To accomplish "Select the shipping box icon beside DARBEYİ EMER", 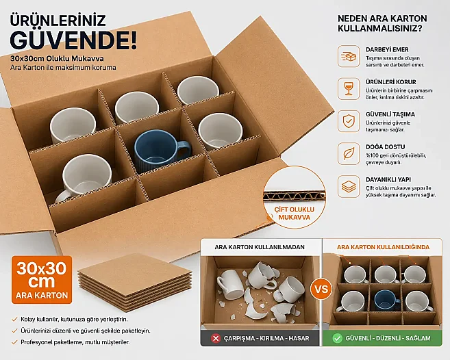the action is pyautogui.click(x=349, y=56).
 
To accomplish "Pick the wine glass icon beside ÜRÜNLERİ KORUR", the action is pyautogui.click(x=349, y=89).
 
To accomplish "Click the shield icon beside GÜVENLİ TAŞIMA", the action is pyautogui.click(x=349, y=121).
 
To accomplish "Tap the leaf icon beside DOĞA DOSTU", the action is pyautogui.click(x=349, y=153).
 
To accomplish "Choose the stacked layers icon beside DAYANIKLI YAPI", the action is pyautogui.click(x=349, y=186).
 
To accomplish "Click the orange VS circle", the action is pyautogui.click(x=321, y=289).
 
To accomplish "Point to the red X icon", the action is pyautogui.click(x=215, y=338).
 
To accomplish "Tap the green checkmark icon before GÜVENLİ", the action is pyautogui.click(x=337, y=338).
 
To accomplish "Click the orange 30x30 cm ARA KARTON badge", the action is pyautogui.click(x=42, y=280).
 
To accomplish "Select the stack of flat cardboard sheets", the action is pyautogui.click(x=135, y=283).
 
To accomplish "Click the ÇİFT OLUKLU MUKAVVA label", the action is pyautogui.click(x=294, y=214).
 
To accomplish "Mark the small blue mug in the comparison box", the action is pyautogui.click(x=386, y=300).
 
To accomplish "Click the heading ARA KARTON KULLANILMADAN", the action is pyautogui.click(x=260, y=247).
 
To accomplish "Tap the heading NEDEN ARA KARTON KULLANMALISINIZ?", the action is pyautogui.click(x=382, y=23).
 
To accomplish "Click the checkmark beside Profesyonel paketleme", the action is pyautogui.click(x=14, y=342).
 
